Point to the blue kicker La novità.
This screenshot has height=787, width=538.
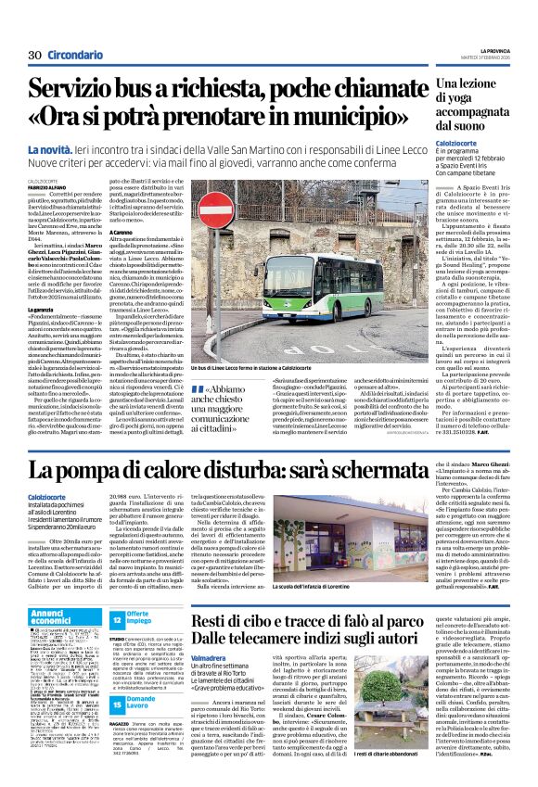click(58, 149)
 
